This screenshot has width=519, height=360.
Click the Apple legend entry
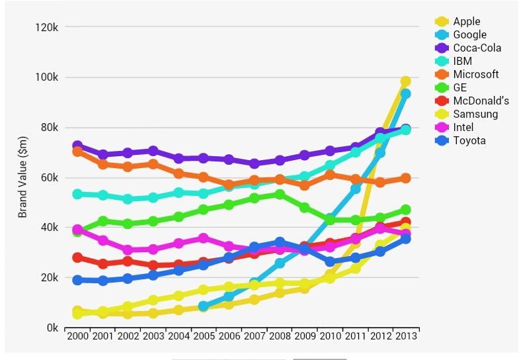(467, 22)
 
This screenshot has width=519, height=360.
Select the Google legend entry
(469, 35)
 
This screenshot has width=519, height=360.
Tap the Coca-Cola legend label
(477, 48)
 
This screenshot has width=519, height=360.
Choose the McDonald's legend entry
(481, 101)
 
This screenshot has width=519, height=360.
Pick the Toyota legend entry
(469, 141)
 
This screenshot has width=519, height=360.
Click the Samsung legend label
(475, 114)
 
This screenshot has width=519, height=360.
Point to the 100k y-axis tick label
(47, 77)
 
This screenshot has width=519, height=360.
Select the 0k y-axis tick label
(52, 328)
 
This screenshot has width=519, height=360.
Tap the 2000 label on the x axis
(77, 336)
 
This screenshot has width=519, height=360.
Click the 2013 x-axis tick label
(405, 336)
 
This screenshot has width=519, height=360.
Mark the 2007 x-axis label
(255, 336)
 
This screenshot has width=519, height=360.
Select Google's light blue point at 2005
(204, 306)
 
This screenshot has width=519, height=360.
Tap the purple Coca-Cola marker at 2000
(77, 146)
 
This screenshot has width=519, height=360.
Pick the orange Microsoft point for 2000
(77, 152)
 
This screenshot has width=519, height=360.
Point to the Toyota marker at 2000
(77, 280)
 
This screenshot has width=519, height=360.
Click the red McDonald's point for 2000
(77, 258)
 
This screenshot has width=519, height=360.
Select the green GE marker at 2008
(280, 195)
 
